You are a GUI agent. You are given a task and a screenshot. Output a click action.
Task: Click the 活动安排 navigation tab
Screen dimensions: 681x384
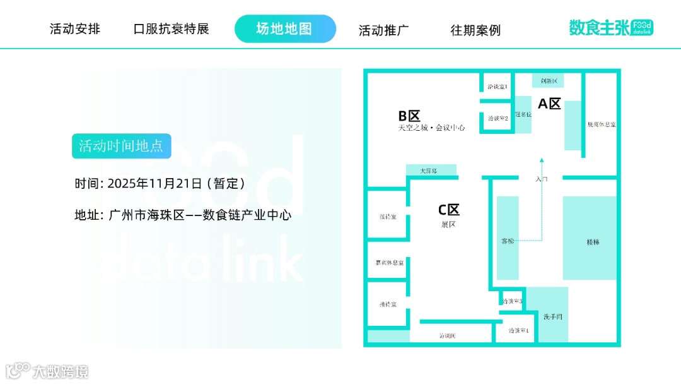coord(75,29)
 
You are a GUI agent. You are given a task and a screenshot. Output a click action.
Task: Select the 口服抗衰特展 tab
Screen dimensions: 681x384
coord(171,29)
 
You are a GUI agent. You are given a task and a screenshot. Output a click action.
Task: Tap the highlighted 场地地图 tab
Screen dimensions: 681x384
coord(285,29)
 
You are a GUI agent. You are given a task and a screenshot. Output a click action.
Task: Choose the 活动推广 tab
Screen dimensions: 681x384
coord(384,30)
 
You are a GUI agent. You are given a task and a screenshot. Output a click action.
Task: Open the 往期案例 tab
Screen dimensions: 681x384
coord(475,30)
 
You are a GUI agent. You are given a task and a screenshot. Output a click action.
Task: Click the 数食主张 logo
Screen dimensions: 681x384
coord(610,28)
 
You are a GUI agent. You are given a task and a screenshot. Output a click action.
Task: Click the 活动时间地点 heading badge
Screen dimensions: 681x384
coord(121,146)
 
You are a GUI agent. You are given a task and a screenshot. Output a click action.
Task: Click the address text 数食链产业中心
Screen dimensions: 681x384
coord(247,215)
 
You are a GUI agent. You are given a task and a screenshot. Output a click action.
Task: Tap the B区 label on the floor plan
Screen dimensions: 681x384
coord(409,116)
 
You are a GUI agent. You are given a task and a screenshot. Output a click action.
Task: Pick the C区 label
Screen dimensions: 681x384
coord(449,210)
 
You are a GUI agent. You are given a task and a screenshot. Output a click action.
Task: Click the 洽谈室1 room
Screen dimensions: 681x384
coord(498,86)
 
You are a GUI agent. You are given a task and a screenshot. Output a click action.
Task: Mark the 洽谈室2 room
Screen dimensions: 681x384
coord(498,117)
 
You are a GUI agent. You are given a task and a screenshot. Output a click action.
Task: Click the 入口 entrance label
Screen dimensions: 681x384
coord(542,179)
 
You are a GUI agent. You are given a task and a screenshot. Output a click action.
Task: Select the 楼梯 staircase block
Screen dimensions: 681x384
coord(593,241)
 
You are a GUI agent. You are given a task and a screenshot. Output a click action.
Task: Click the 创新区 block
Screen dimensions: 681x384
coord(548,81)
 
